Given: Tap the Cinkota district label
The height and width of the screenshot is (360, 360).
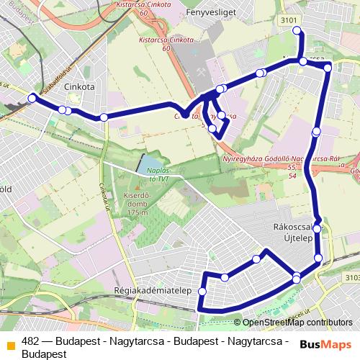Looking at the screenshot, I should coord(79,86).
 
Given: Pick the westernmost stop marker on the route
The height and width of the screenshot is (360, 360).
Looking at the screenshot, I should coord(32,98).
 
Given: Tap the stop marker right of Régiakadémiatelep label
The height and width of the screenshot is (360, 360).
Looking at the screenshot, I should coord(202,291).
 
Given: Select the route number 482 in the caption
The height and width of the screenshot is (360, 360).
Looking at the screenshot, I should coord(30,341).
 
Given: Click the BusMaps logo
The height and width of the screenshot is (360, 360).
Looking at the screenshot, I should coord(325,344).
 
